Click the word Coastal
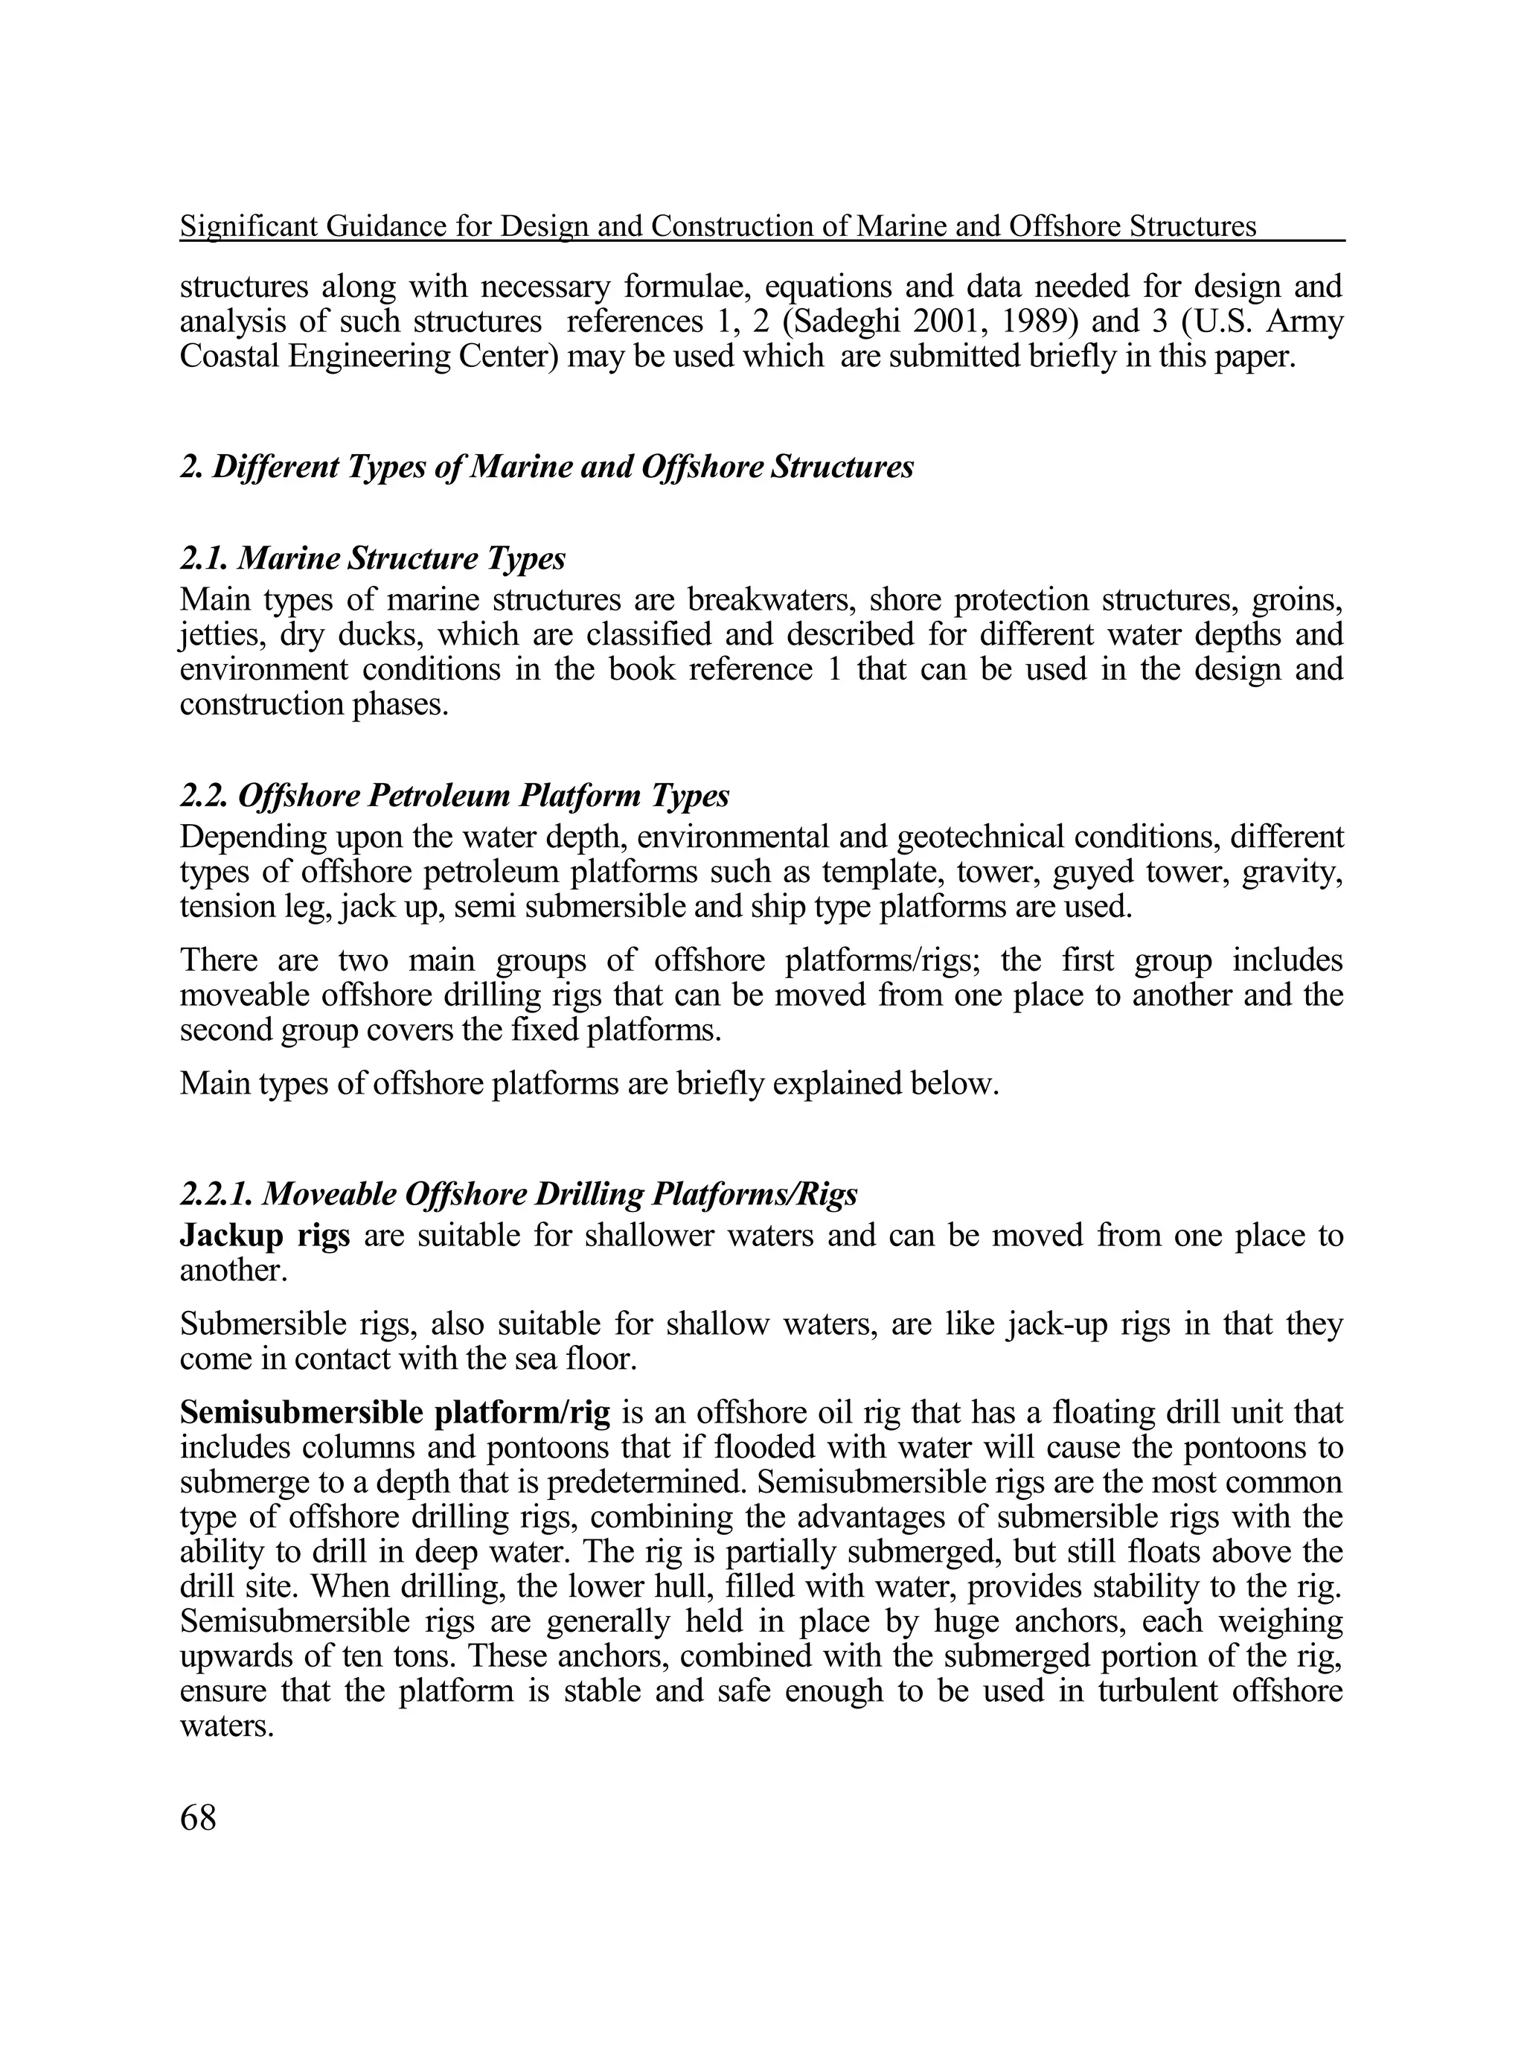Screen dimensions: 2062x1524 click(x=228, y=356)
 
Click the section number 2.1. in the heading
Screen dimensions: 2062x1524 click(x=203, y=558)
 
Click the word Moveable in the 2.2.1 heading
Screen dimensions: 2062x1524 click(x=328, y=1195)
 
